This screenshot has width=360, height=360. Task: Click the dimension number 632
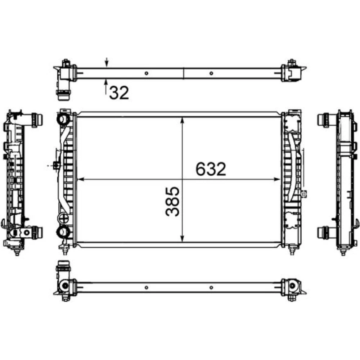[211, 169]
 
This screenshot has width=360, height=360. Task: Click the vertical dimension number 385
[172, 201]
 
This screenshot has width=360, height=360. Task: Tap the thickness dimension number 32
[119, 93]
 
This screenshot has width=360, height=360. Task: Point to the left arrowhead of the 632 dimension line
[81, 179]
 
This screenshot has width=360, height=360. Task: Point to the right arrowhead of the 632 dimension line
[277, 179]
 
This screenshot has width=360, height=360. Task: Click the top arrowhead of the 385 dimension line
[182, 121]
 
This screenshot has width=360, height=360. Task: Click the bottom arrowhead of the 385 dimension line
[182, 238]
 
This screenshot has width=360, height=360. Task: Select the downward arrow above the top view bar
[106, 62]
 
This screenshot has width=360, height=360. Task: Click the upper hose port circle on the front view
[63, 119]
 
